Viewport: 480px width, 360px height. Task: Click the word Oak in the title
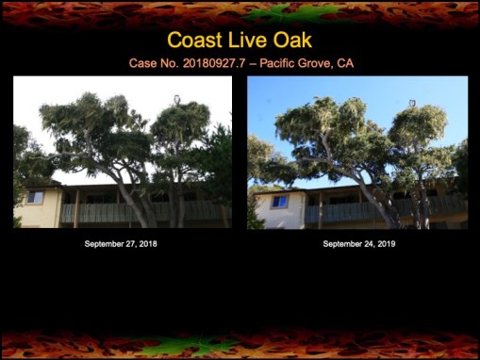point(290,41)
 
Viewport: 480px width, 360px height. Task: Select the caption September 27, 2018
point(123,243)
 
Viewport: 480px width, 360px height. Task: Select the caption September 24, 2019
point(358,243)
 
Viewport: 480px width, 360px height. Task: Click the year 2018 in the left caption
point(151,243)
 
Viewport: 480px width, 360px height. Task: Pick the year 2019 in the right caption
point(386,243)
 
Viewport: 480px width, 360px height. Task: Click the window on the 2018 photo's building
point(35,198)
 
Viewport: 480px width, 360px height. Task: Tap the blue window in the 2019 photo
point(279,202)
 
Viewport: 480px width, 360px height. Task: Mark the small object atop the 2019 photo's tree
point(411,102)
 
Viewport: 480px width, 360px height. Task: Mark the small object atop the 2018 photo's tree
point(176,97)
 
